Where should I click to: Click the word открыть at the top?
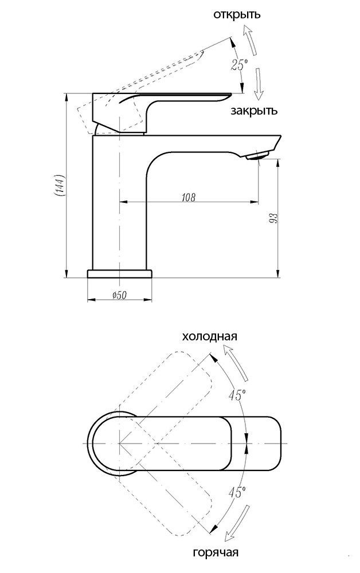[x=236, y=14]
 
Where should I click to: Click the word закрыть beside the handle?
[x=254, y=111]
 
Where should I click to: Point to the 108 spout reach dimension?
[x=188, y=198]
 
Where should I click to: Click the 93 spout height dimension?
[x=273, y=218]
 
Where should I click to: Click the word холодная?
[x=209, y=336]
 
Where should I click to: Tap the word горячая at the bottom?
[x=216, y=552]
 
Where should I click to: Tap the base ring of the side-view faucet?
[x=120, y=273]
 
